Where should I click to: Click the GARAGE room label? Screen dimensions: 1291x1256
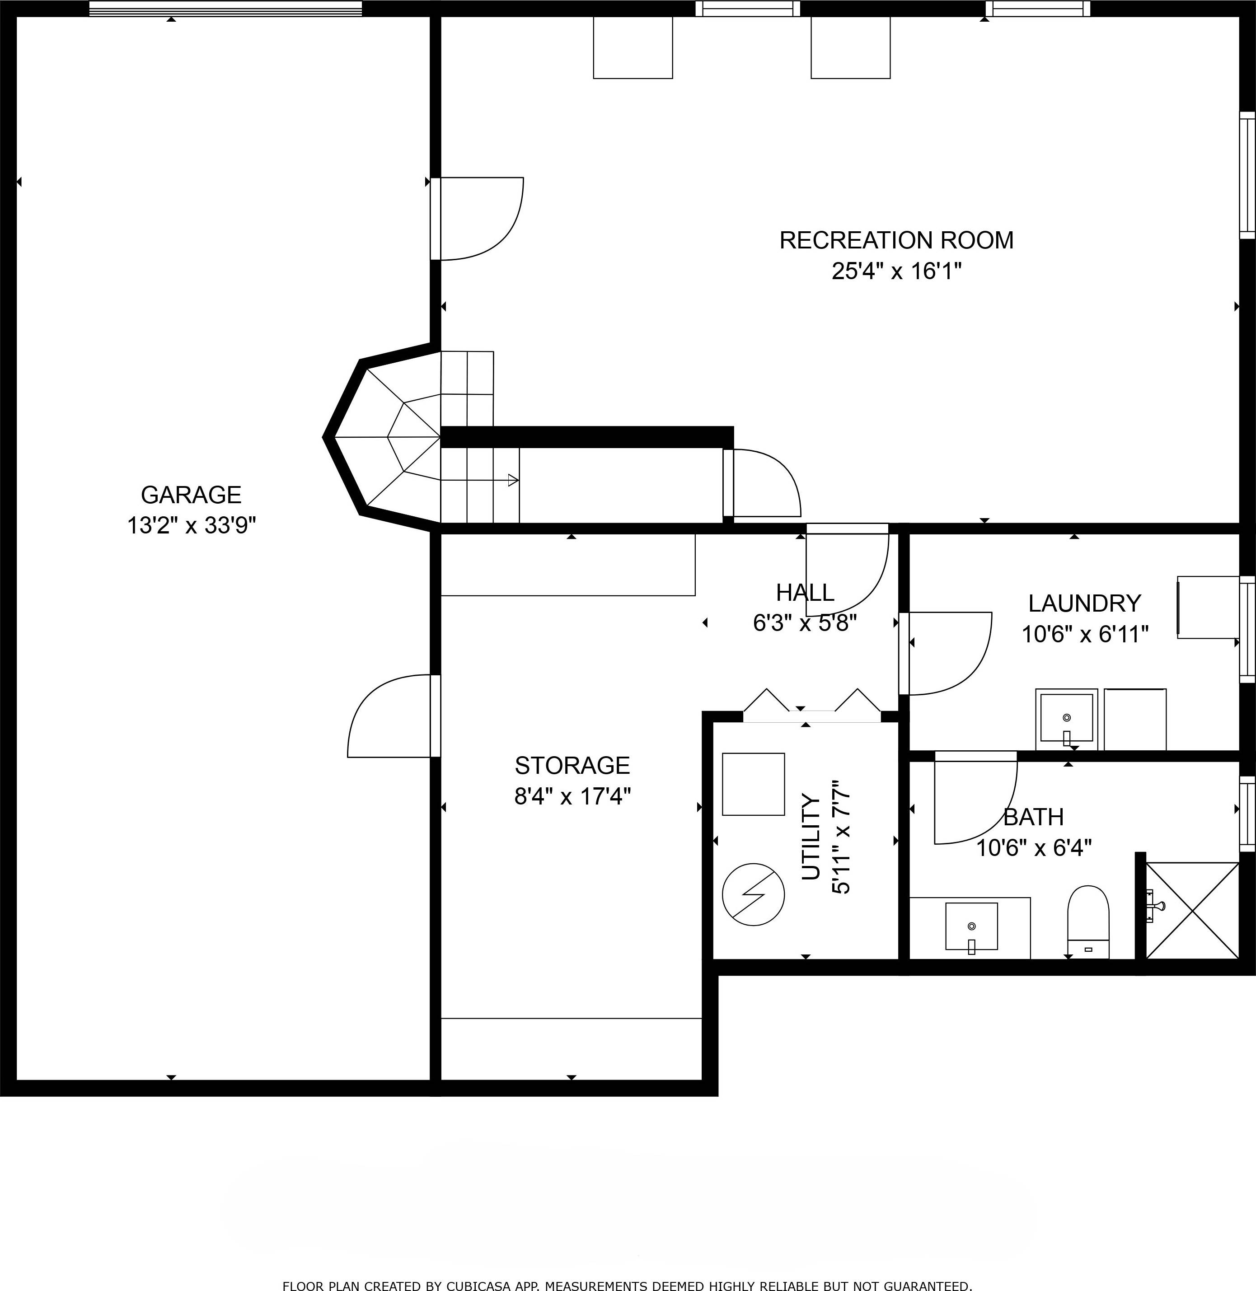191,494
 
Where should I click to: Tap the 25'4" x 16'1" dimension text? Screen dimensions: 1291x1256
896,271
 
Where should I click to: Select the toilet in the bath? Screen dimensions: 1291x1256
1088,921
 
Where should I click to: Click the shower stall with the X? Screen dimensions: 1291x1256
1193,910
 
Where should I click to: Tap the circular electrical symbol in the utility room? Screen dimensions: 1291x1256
753,894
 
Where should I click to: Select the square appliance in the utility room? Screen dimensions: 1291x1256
753,784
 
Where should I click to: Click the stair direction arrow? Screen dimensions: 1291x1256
511,480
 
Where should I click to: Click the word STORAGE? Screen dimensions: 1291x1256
572,765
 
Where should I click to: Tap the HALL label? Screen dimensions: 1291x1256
805,592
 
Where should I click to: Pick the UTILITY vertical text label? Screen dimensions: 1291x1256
811,838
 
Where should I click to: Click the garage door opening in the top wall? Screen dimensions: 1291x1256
225,9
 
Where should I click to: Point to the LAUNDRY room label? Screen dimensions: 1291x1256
1084,603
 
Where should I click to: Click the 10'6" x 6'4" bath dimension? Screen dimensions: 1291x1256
1033,848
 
